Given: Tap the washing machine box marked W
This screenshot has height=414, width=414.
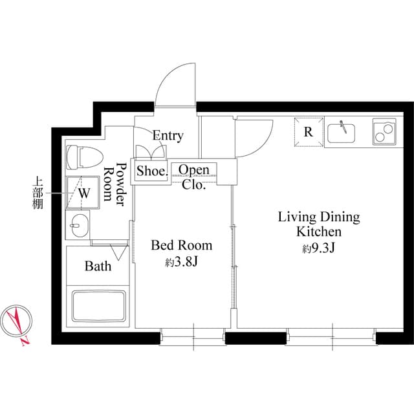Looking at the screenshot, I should point(84,192).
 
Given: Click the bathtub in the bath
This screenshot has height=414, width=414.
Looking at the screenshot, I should point(98,305).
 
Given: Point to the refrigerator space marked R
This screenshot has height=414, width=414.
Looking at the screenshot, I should point(309,132).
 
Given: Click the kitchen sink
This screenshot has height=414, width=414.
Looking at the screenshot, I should point(343,132).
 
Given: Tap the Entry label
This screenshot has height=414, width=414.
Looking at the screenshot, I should point(168,136).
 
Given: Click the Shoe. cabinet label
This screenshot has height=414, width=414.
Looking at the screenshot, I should point(152,171).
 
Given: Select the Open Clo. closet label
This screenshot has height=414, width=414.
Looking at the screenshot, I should point(193,177).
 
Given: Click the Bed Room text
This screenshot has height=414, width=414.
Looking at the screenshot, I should point(181,246).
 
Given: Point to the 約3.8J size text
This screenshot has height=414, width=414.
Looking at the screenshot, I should point(181,262).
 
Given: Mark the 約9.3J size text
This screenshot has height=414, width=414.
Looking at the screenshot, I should point(318,248).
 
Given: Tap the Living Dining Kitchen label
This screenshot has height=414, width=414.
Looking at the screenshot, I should point(318,224).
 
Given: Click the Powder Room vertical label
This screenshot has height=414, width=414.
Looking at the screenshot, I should point(114,184).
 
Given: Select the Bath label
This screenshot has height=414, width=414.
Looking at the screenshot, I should point(98,266).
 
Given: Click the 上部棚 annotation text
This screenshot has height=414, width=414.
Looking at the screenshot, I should point(37,193).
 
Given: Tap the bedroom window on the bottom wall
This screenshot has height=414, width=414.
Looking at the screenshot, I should point(193,335).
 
